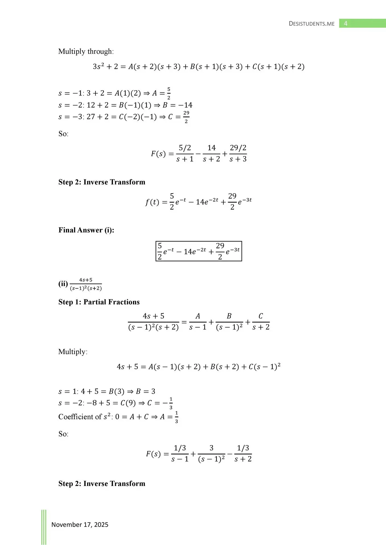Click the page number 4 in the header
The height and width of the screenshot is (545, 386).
(346, 23)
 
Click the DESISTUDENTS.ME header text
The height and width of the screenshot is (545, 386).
(312, 24)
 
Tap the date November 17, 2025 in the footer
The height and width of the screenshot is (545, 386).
(80, 525)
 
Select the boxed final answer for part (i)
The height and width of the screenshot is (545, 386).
(199, 251)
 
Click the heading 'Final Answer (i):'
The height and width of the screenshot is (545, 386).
(86, 230)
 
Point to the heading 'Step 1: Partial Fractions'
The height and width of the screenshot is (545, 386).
(99, 302)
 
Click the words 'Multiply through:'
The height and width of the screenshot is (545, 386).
(86, 51)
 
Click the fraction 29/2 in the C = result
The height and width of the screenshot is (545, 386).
(186, 117)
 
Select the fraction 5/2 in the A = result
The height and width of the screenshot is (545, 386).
(169, 93)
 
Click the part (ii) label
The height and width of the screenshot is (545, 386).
(63, 284)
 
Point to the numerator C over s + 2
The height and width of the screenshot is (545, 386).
(261, 316)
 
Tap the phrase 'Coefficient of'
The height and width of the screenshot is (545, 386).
(80, 417)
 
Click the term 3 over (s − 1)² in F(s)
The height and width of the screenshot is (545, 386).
(211, 454)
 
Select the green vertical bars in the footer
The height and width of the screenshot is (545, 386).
(44, 527)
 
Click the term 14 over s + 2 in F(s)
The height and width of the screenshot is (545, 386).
(211, 153)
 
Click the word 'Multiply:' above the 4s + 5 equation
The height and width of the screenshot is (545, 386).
(73, 352)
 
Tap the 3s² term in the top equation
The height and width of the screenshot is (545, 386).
(98, 67)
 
